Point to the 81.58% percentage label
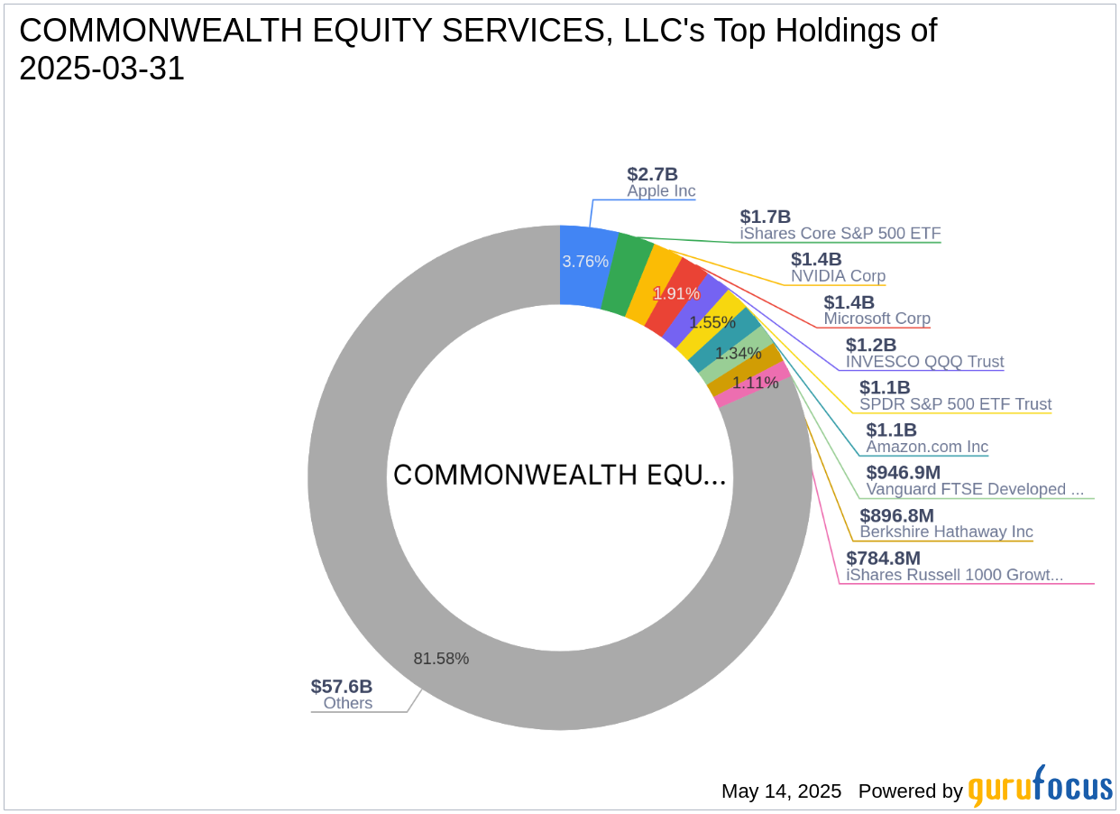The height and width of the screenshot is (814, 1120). click(441, 659)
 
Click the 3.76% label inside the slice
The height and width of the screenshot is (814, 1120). click(585, 262)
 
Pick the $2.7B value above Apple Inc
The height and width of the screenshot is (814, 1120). click(652, 175)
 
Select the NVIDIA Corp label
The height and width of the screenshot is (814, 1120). click(838, 276)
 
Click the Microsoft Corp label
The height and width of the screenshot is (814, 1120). click(877, 319)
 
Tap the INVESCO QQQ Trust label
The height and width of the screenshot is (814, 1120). click(924, 362)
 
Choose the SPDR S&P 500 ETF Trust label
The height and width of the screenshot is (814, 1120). click(955, 404)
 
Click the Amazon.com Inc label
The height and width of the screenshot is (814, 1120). click(927, 447)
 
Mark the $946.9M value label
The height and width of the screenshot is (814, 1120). click(903, 473)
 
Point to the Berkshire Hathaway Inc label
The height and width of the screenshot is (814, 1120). click(946, 532)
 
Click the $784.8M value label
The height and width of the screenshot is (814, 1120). click(883, 558)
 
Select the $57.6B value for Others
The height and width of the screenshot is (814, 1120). click(342, 687)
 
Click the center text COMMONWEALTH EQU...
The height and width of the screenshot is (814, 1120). click(559, 476)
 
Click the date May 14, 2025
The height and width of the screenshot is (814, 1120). click(781, 791)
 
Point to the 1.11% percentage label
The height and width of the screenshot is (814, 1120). click(755, 383)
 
